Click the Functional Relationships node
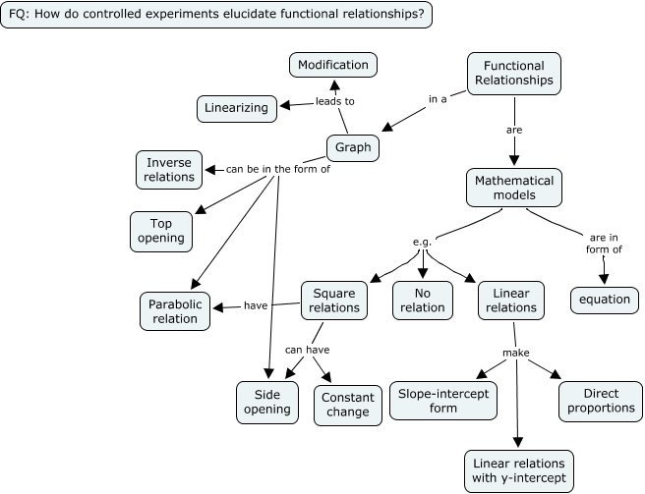[x=513, y=73]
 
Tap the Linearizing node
[x=236, y=107]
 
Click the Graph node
[x=353, y=148]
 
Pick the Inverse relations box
[x=169, y=170]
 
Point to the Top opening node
[x=160, y=231]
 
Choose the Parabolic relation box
[x=176, y=311]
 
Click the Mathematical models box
[x=514, y=188]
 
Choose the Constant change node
[x=345, y=405]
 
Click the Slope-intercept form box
[x=443, y=400]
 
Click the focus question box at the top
[x=216, y=15]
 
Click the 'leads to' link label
[x=334, y=101]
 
